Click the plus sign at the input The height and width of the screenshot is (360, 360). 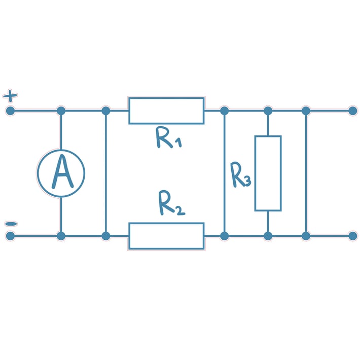tap(10, 95)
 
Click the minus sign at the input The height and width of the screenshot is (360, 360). tap(10, 224)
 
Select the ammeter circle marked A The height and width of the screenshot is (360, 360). tap(61, 173)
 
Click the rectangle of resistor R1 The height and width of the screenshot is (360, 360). tap(166, 111)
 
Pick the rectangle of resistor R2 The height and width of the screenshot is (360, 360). tap(166, 236)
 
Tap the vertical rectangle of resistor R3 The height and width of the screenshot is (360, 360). tap(268, 173)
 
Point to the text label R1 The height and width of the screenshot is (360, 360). tap(168, 137)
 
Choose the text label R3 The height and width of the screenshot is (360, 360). tap(240, 175)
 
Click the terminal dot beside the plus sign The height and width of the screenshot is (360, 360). tap(10, 111)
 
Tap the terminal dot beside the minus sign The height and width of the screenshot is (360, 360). tap(10, 236)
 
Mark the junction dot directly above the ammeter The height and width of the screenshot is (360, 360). tap(61, 111)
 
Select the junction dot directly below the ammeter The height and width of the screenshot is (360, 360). tap(61, 236)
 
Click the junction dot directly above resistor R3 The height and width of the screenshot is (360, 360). tap(268, 111)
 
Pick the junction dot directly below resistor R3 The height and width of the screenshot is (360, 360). tap(268, 236)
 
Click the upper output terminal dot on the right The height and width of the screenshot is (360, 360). tap(353, 111)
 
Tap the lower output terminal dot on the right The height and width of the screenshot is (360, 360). tap(353, 236)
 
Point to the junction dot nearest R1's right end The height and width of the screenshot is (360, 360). tap(224, 111)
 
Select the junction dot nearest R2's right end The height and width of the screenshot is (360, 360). tap(224, 236)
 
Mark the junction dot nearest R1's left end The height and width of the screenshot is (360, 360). tap(105, 111)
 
